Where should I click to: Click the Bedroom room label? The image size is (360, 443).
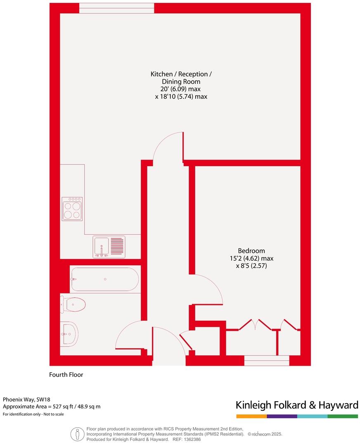coord(251,250)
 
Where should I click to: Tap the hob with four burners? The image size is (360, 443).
coord(72,209)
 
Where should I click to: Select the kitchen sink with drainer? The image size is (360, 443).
coord(109,247)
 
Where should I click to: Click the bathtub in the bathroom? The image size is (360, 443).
coord(105,279)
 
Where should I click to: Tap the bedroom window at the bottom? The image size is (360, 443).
coord(266,360)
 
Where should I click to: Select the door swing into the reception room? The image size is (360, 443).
coord(167,147)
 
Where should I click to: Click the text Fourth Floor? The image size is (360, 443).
coord(66,375)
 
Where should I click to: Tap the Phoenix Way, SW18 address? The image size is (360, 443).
coord(26,400)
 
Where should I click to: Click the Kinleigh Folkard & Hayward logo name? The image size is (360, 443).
coord(296,405)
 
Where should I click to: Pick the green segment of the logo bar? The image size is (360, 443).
coord(343,416)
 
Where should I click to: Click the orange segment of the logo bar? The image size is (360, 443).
coord(251,416)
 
